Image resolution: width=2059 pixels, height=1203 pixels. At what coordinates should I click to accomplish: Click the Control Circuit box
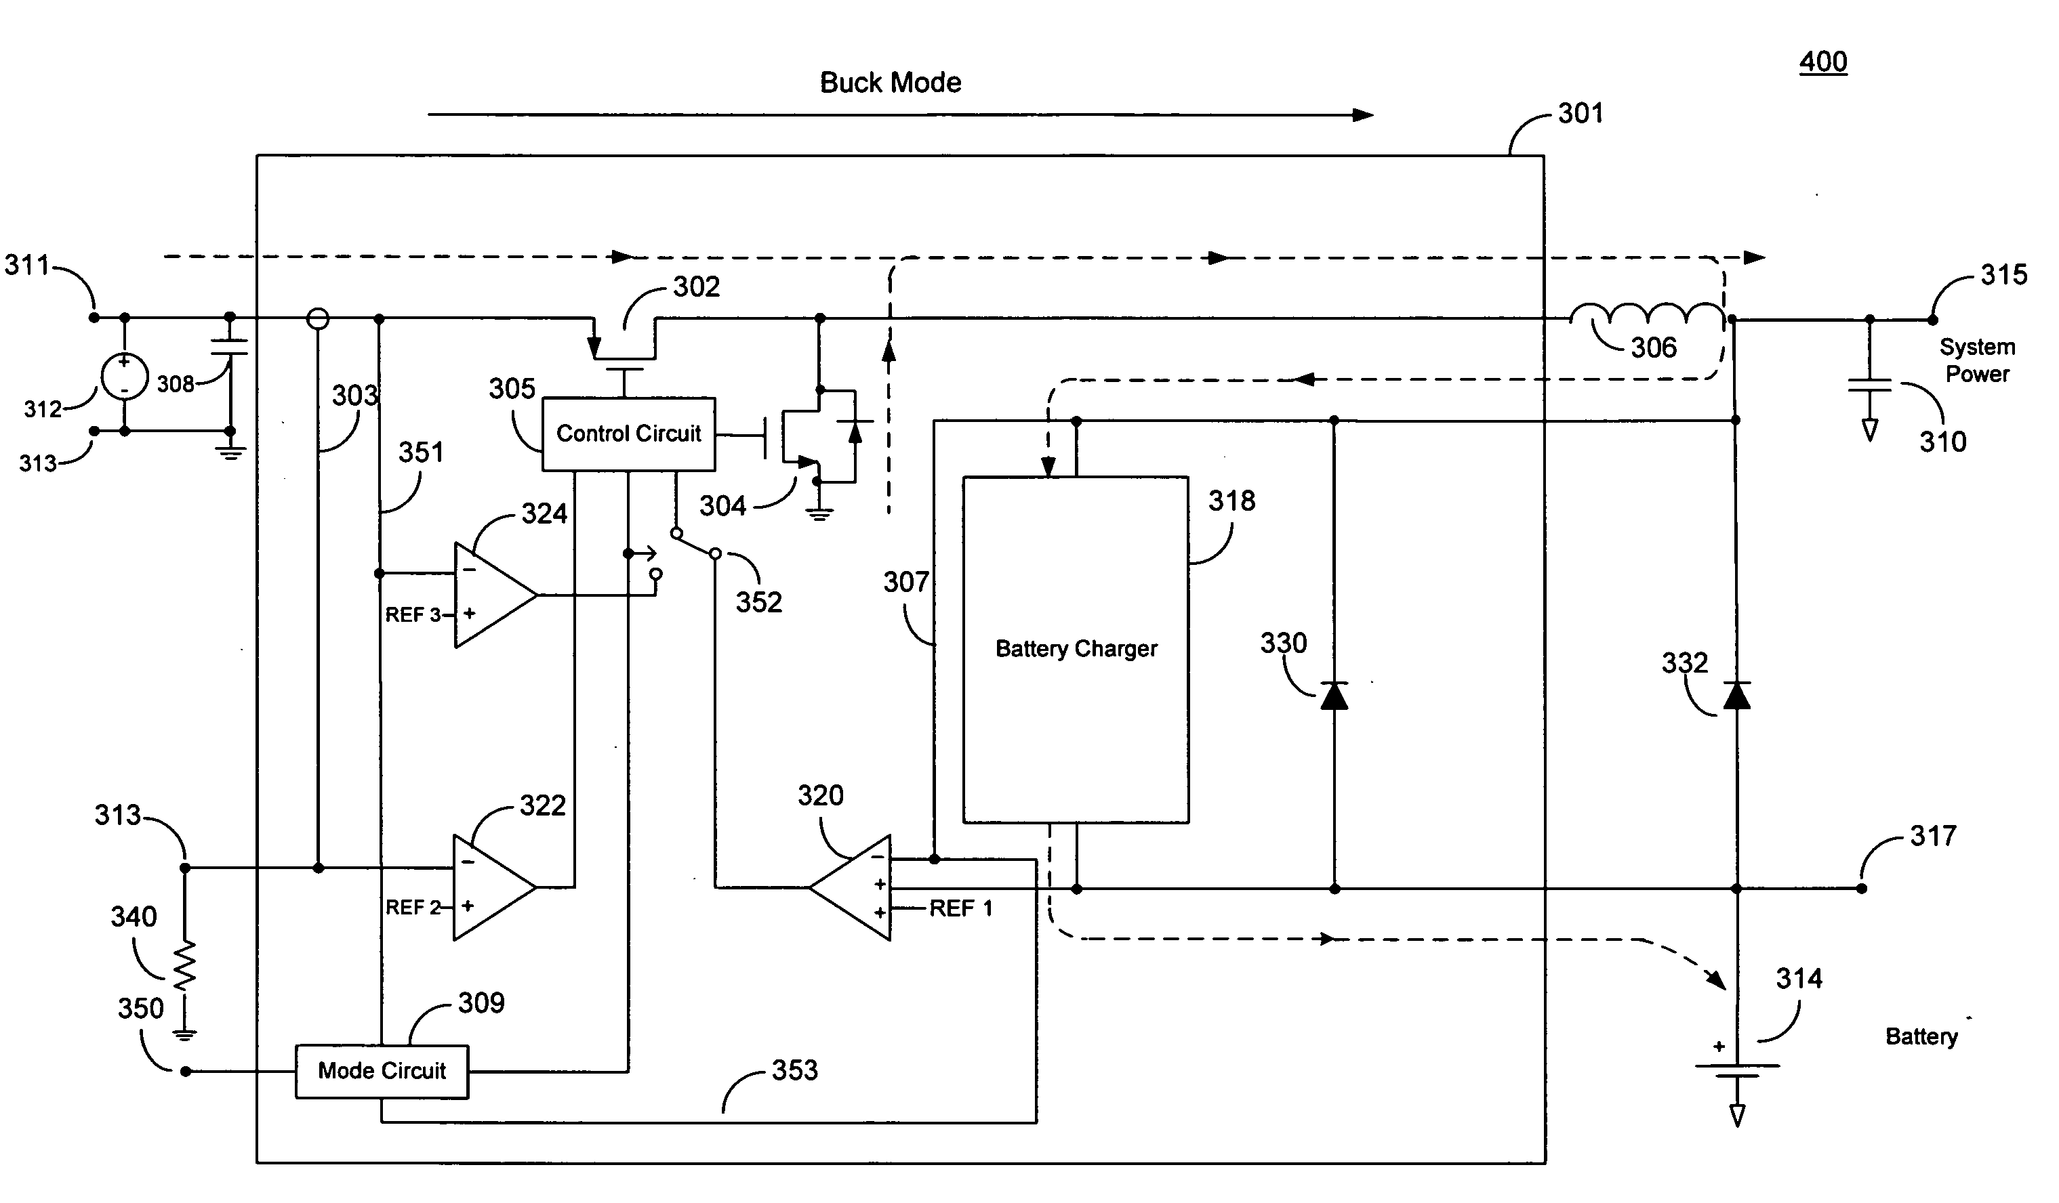[x=628, y=434]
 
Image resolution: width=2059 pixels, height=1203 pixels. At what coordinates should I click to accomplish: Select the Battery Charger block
[x=1076, y=650]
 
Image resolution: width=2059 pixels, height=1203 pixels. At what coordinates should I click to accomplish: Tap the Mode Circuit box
[x=382, y=1072]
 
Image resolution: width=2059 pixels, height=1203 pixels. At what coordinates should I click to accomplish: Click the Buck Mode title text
[x=890, y=83]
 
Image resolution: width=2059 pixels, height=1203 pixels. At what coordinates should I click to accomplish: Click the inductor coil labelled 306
[x=1646, y=314]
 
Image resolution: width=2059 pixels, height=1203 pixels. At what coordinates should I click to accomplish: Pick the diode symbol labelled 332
[x=1736, y=696]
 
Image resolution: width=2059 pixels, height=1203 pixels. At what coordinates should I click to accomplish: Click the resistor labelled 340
[x=186, y=965]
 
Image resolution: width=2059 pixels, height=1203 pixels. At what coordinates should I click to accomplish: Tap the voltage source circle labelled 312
[x=124, y=377]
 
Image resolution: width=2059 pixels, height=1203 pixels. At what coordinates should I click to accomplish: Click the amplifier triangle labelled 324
[x=492, y=595]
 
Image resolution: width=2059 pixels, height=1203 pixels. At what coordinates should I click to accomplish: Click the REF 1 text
[x=961, y=908]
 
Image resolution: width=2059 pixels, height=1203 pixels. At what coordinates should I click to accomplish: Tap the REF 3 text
[x=413, y=615]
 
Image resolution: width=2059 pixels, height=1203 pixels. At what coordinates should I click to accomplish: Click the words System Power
[x=1976, y=360]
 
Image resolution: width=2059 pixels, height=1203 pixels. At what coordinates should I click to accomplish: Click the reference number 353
[x=794, y=1070]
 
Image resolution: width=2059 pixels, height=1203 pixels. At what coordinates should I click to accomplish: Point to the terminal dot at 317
[x=1861, y=889]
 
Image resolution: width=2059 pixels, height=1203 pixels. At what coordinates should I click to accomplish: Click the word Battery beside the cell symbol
[x=1921, y=1036]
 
